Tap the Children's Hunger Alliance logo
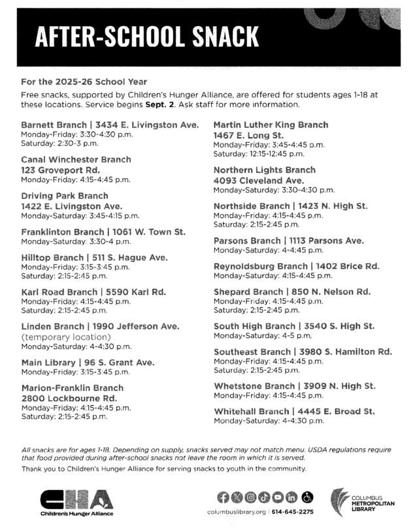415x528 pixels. pos(76,502)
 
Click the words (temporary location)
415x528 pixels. pos(61,337)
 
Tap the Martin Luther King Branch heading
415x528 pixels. pos(271,125)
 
